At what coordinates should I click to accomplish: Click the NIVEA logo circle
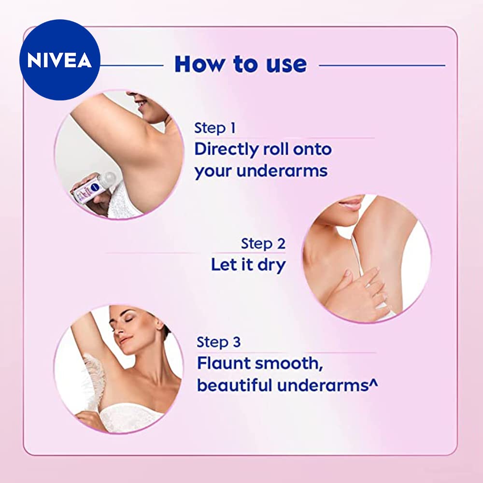pos(59,59)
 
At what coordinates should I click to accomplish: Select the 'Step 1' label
pos(215,128)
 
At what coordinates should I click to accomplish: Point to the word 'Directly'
pos(227,150)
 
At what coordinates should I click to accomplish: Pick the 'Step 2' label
pos(263,243)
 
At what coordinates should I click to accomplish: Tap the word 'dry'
pos(270,265)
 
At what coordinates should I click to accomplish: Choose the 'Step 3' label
pos(218,342)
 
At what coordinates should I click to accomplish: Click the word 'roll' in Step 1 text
pos(277,150)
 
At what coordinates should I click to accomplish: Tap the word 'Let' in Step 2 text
pos(224,265)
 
